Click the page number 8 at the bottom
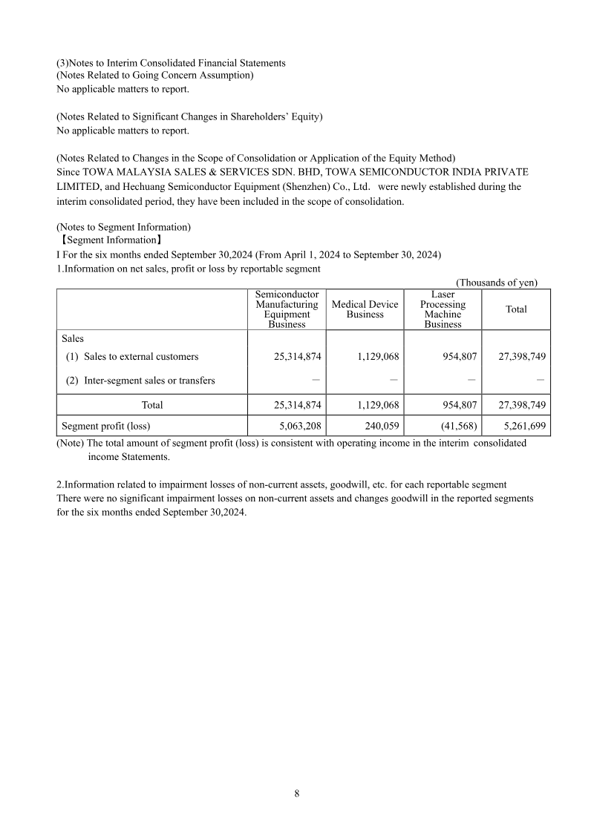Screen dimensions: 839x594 297,794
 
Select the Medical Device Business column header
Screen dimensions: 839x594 365,309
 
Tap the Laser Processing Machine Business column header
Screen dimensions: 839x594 443,309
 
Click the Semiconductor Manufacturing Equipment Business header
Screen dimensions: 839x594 287,309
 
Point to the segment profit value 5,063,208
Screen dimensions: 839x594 296,427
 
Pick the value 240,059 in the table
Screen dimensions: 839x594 379,427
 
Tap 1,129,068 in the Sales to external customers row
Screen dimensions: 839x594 373,357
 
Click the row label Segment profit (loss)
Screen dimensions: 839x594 105,427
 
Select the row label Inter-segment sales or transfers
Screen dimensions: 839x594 149,381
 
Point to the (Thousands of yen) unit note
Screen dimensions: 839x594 496,283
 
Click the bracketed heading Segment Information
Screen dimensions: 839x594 110,240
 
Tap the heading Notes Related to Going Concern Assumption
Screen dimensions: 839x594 155,75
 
